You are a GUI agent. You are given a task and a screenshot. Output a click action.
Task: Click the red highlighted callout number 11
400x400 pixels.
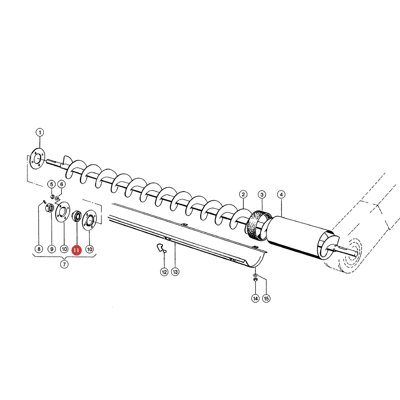(76, 250)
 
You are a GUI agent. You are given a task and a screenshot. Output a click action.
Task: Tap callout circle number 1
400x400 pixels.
(40, 132)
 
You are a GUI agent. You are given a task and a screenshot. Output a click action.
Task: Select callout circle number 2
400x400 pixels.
(243, 194)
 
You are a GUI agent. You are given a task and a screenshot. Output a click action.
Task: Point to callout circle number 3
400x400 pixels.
(262, 195)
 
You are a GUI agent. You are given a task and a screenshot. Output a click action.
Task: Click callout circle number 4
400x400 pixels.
(281, 195)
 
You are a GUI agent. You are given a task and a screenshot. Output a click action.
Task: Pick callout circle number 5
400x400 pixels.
(52, 184)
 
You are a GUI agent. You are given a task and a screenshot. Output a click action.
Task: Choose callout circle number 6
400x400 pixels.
(62, 184)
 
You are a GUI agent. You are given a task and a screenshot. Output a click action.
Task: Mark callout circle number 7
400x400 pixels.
(64, 264)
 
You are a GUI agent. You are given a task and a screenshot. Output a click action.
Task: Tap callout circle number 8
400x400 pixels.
(39, 249)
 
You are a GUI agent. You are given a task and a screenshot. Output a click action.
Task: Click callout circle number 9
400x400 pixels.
(52, 249)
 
